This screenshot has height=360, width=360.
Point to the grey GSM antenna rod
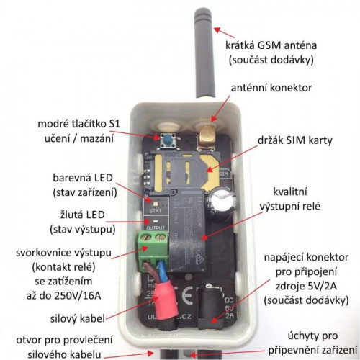pyautogui.click(x=204, y=53)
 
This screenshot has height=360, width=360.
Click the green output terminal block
pyautogui.click(x=153, y=251)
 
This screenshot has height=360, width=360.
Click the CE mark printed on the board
pyautogui.click(x=186, y=296)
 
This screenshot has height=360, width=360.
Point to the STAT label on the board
pyautogui.click(x=156, y=211)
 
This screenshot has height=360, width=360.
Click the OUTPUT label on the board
pyautogui.click(x=156, y=228)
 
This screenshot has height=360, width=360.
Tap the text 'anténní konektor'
pyautogui.click(x=271, y=88)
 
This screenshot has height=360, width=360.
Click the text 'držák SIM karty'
pyautogui.click(x=295, y=140)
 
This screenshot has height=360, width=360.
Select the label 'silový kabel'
pyautogui.click(x=78, y=318)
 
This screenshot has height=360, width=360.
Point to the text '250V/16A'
pyautogui.click(x=78, y=296)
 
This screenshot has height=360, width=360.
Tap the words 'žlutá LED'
pyautogui.click(x=83, y=215)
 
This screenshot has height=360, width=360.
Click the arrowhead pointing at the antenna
pyautogui.click(x=217, y=30)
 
